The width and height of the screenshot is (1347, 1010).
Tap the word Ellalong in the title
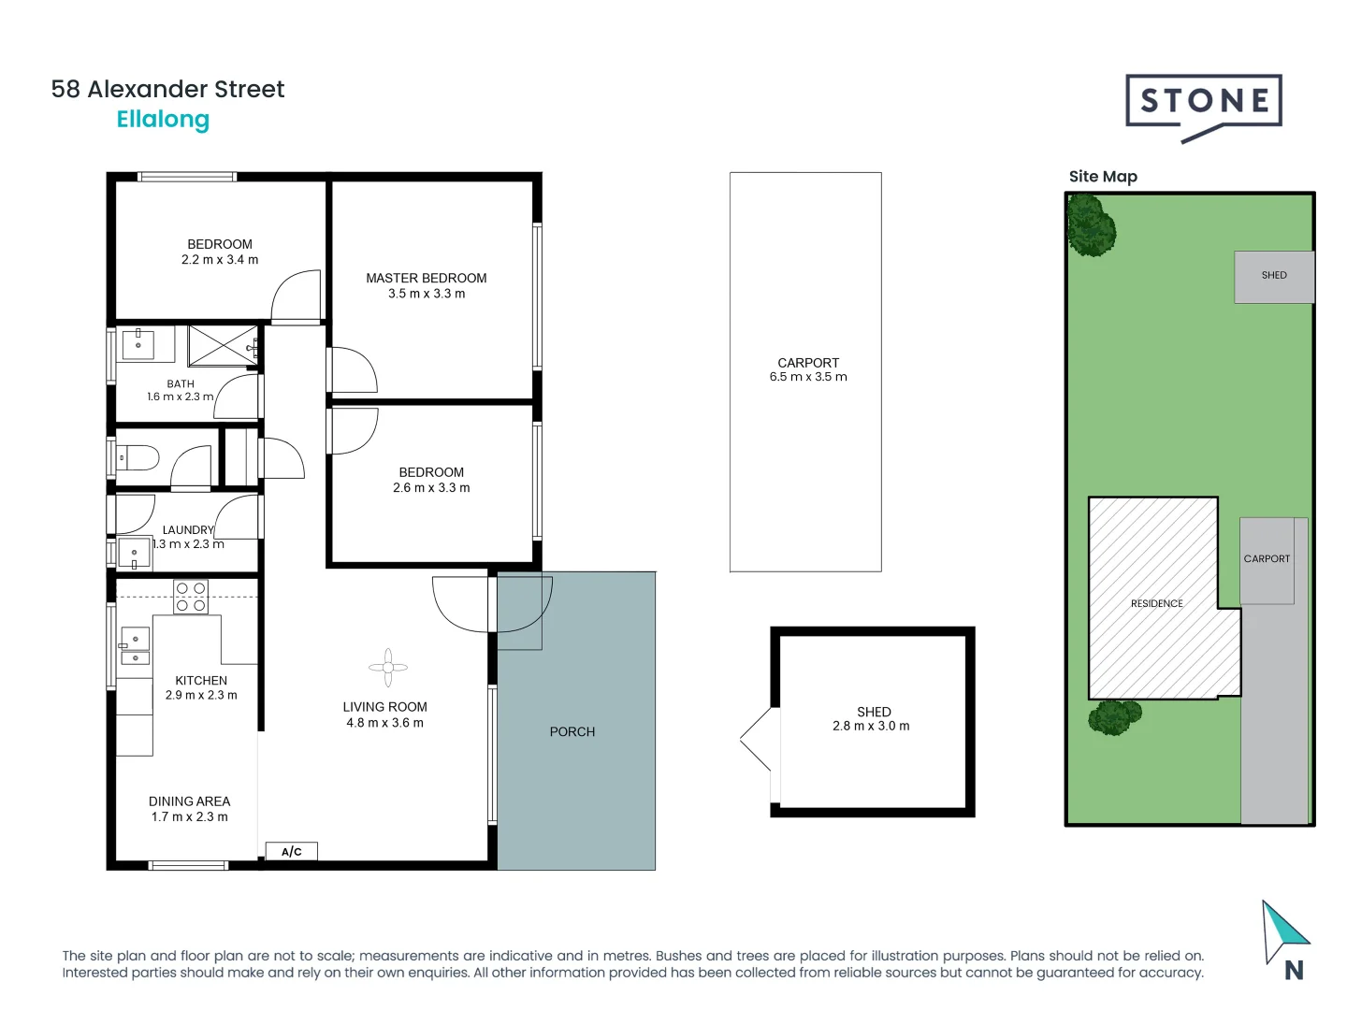[163, 120]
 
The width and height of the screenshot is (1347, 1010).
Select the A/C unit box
[292, 851]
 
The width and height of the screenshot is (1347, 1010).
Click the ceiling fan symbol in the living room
[387, 668]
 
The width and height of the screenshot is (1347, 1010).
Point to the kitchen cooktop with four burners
[191, 597]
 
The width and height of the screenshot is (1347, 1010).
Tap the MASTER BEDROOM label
[426, 278]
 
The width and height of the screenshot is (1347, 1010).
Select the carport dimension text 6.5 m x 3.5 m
[808, 377]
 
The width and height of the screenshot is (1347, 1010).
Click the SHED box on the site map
[1273, 276]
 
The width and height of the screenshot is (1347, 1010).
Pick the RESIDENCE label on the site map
[1156, 603]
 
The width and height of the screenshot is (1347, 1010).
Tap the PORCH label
[572, 731]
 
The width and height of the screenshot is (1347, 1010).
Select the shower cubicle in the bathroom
[223, 346]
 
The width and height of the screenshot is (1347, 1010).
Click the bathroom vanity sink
[138, 343]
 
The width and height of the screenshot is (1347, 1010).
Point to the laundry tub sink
[134, 554]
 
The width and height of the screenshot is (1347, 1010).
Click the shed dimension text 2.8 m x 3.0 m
[871, 726]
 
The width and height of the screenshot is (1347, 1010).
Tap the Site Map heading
[1103, 177]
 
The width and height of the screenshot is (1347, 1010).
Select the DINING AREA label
[189, 801]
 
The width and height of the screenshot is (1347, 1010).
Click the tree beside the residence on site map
[1113, 717]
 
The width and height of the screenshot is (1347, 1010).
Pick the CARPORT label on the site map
[1266, 558]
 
